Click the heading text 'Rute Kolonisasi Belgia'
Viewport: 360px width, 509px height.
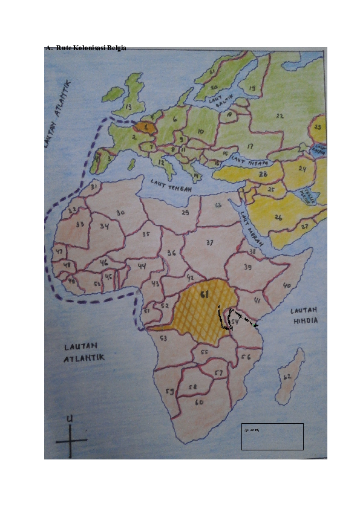pos(91,48)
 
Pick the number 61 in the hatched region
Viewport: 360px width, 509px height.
pos(205,294)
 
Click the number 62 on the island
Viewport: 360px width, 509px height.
pos(287,377)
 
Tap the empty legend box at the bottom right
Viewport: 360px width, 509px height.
pos(272,436)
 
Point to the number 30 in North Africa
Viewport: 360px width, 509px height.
pos(120,213)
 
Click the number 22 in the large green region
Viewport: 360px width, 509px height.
pos(280,115)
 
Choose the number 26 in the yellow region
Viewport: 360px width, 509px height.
pos(278,216)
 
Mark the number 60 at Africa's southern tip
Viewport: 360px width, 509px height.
pos(199,401)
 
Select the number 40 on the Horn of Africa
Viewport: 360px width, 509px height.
pos(287,285)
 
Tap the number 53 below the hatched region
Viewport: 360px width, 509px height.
pos(163,339)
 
